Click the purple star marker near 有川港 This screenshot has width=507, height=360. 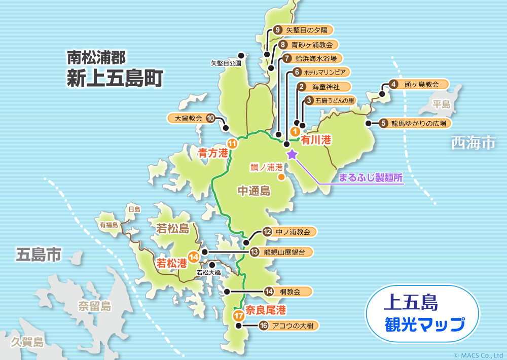point(292,154)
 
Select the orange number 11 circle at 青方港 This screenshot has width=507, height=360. point(232,144)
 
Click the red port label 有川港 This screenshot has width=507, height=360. point(316,139)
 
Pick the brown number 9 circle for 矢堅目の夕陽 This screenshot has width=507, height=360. point(277,30)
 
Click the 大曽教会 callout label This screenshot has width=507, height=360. point(188,119)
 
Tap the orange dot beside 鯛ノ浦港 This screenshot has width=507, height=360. point(280,177)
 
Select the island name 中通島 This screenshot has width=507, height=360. point(254,191)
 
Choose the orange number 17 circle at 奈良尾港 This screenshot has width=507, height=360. point(239,315)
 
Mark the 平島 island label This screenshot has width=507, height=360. point(441,105)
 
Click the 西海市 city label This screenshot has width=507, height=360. point(473,143)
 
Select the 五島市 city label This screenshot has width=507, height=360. point(38,254)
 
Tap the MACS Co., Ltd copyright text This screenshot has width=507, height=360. point(478,355)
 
